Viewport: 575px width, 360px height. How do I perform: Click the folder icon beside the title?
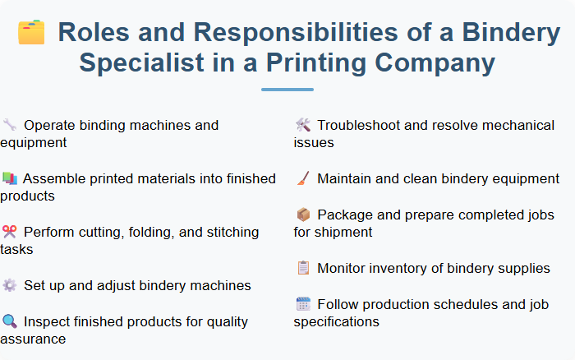(31, 32)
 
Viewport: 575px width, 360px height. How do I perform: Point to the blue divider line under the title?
(287, 89)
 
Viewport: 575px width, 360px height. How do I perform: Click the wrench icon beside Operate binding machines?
(9, 126)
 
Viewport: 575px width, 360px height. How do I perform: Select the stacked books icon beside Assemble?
(9, 179)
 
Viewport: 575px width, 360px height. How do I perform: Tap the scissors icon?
(9, 233)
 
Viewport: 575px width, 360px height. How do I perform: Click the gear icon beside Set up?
(9, 286)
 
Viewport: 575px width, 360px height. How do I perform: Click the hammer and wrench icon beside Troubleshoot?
(302, 126)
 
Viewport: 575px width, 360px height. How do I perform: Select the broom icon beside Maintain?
(302, 178)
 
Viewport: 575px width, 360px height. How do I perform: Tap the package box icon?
(302, 215)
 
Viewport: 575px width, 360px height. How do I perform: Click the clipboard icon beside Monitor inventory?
(302, 269)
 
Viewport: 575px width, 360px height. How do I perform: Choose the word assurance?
(32, 339)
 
